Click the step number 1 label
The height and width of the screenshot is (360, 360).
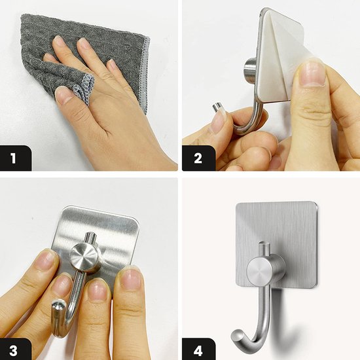coord(13,158)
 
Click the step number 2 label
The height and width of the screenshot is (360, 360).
coord(198,158)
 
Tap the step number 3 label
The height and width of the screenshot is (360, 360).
coord(13,351)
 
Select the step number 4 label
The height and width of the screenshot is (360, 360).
coord(198,351)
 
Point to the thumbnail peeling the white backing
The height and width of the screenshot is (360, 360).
coord(314,74)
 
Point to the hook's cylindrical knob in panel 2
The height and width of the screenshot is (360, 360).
coord(250,71)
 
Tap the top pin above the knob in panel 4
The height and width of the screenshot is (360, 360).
coord(263,249)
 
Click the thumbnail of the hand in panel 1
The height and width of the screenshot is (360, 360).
coord(62,95)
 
